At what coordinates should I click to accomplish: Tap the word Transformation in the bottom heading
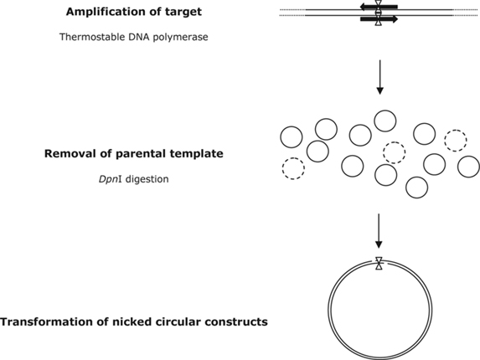click(50, 322)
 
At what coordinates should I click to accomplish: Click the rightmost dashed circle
click(455, 139)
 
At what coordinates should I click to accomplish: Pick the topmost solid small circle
click(385, 121)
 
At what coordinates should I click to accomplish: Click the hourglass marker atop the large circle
click(379, 263)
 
